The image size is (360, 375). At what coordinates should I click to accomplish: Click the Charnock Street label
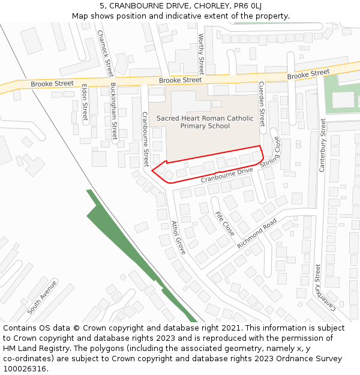click(x=105, y=54)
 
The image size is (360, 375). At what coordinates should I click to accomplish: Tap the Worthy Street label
click(x=201, y=55)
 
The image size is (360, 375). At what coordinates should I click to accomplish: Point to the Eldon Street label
click(x=85, y=103)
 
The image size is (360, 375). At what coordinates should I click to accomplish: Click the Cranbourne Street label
click(x=145, y=139)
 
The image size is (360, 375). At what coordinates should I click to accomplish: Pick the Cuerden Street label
click(x=262, y=103)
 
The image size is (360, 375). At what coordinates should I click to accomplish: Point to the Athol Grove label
click(x=179, y=238)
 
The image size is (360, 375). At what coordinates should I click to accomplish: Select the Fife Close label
click(x=224, y=223)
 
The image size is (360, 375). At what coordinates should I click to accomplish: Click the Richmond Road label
click(x=256, y=233)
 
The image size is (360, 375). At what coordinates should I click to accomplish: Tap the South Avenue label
click(x=42, y=297)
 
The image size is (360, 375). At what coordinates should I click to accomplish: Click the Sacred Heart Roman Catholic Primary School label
click(x=205, y=122)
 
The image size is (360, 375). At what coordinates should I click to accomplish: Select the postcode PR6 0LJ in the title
click(x=247, y=6)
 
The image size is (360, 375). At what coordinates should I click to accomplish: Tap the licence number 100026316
click(x=26, y=369)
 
